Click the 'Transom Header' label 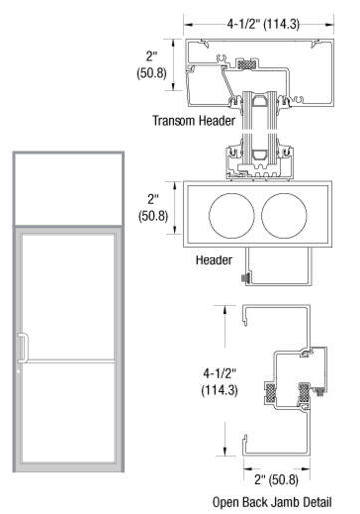click(x=193, y=120)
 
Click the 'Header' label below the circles click(x=214, y=259)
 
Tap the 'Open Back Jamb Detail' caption click(x=272, y=502)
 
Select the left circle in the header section click(x=232, y=216)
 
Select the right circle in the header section click(x=284, y=216)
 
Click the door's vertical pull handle click(x=23, y=347)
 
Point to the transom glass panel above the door click(x=68, y=189)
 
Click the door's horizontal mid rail click(x=70, y=361)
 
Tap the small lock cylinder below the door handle click(x=19, y=371)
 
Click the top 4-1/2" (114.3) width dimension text click(x=263, y=24)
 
